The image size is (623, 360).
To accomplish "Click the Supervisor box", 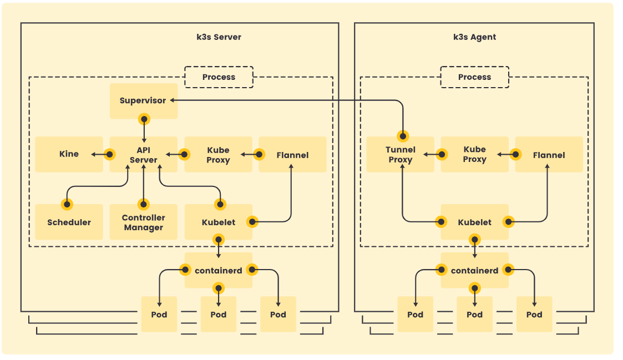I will pos(143,101).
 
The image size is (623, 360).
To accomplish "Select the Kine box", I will pos(69,154).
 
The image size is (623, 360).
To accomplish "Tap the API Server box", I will pos(143,155).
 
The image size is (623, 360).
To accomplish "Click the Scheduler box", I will pos(69,222).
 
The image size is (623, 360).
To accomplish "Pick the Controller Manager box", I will pos(143,222).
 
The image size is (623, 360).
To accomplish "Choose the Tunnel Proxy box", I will pos(400,155).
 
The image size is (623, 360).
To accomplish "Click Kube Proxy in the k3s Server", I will pos(218,155).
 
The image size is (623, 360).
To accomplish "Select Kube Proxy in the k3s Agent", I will pos(474,154).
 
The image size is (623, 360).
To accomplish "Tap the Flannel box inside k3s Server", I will pos(292,155).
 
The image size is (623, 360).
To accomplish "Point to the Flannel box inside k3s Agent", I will pos(549,155).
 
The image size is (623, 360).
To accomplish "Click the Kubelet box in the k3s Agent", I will pos(474,222).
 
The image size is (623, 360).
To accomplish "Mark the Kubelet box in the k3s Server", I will pos(218,222).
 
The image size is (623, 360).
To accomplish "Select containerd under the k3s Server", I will pos(218,271).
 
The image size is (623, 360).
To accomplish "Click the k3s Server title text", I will pos(219,37).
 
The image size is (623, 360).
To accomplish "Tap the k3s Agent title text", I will pos(474,37).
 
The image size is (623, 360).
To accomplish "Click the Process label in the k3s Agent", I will pos(474,77).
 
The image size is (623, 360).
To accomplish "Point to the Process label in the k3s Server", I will pos(219,77).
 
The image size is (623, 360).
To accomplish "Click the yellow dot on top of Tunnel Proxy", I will pos(403,135).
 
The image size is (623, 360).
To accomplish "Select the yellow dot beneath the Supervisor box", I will pos(144,119).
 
